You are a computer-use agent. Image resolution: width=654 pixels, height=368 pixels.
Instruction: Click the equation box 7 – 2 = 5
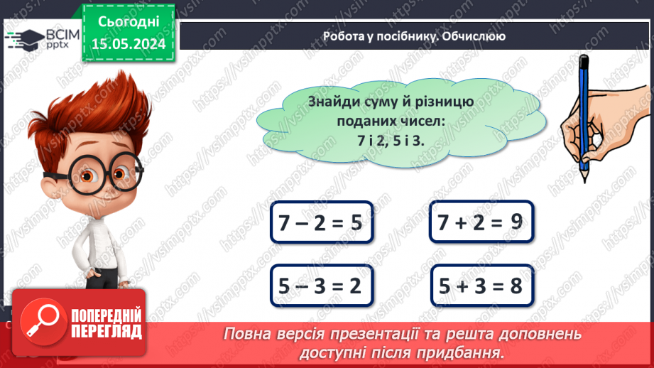322,223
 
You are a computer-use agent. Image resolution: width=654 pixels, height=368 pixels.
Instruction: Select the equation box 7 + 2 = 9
481,222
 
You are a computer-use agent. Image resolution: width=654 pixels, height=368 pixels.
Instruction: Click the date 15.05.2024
129,44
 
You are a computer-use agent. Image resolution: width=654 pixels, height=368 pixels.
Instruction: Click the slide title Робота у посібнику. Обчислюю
414,36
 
